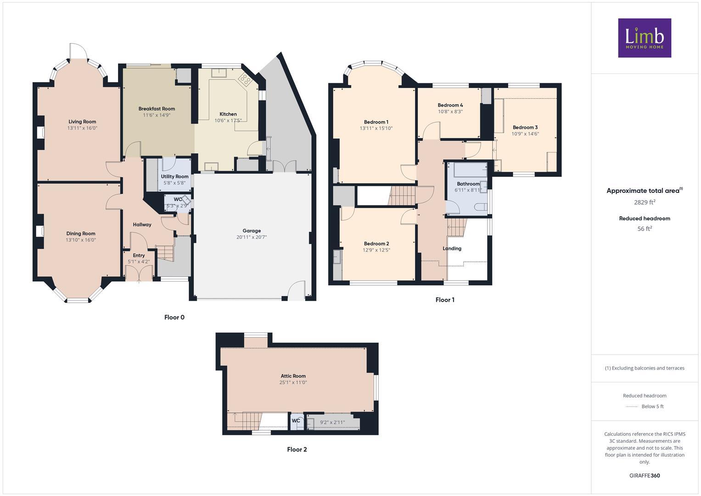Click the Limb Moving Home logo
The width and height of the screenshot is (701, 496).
644,38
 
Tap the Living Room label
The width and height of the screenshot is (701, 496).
82,122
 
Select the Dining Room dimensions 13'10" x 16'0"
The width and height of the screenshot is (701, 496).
81,240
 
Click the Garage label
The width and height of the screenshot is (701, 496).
252,231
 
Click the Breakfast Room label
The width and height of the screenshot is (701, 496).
157,109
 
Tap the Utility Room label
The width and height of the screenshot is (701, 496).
174,176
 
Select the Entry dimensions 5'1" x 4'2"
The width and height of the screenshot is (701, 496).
139,262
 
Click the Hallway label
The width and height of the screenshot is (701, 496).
142,225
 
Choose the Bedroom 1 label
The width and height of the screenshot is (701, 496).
376,122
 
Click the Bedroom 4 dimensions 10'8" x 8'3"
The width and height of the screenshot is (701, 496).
450,112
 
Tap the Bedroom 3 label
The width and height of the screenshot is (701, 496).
525,127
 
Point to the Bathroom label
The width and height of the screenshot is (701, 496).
468,184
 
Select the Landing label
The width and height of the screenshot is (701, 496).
452,248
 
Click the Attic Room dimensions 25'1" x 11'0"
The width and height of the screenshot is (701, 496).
293,383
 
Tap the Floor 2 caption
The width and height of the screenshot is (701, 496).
297,449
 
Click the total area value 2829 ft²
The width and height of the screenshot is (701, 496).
644,202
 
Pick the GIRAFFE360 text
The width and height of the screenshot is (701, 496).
644,476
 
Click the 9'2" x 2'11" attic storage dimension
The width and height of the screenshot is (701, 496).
332,423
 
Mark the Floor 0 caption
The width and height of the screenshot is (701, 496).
174,317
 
